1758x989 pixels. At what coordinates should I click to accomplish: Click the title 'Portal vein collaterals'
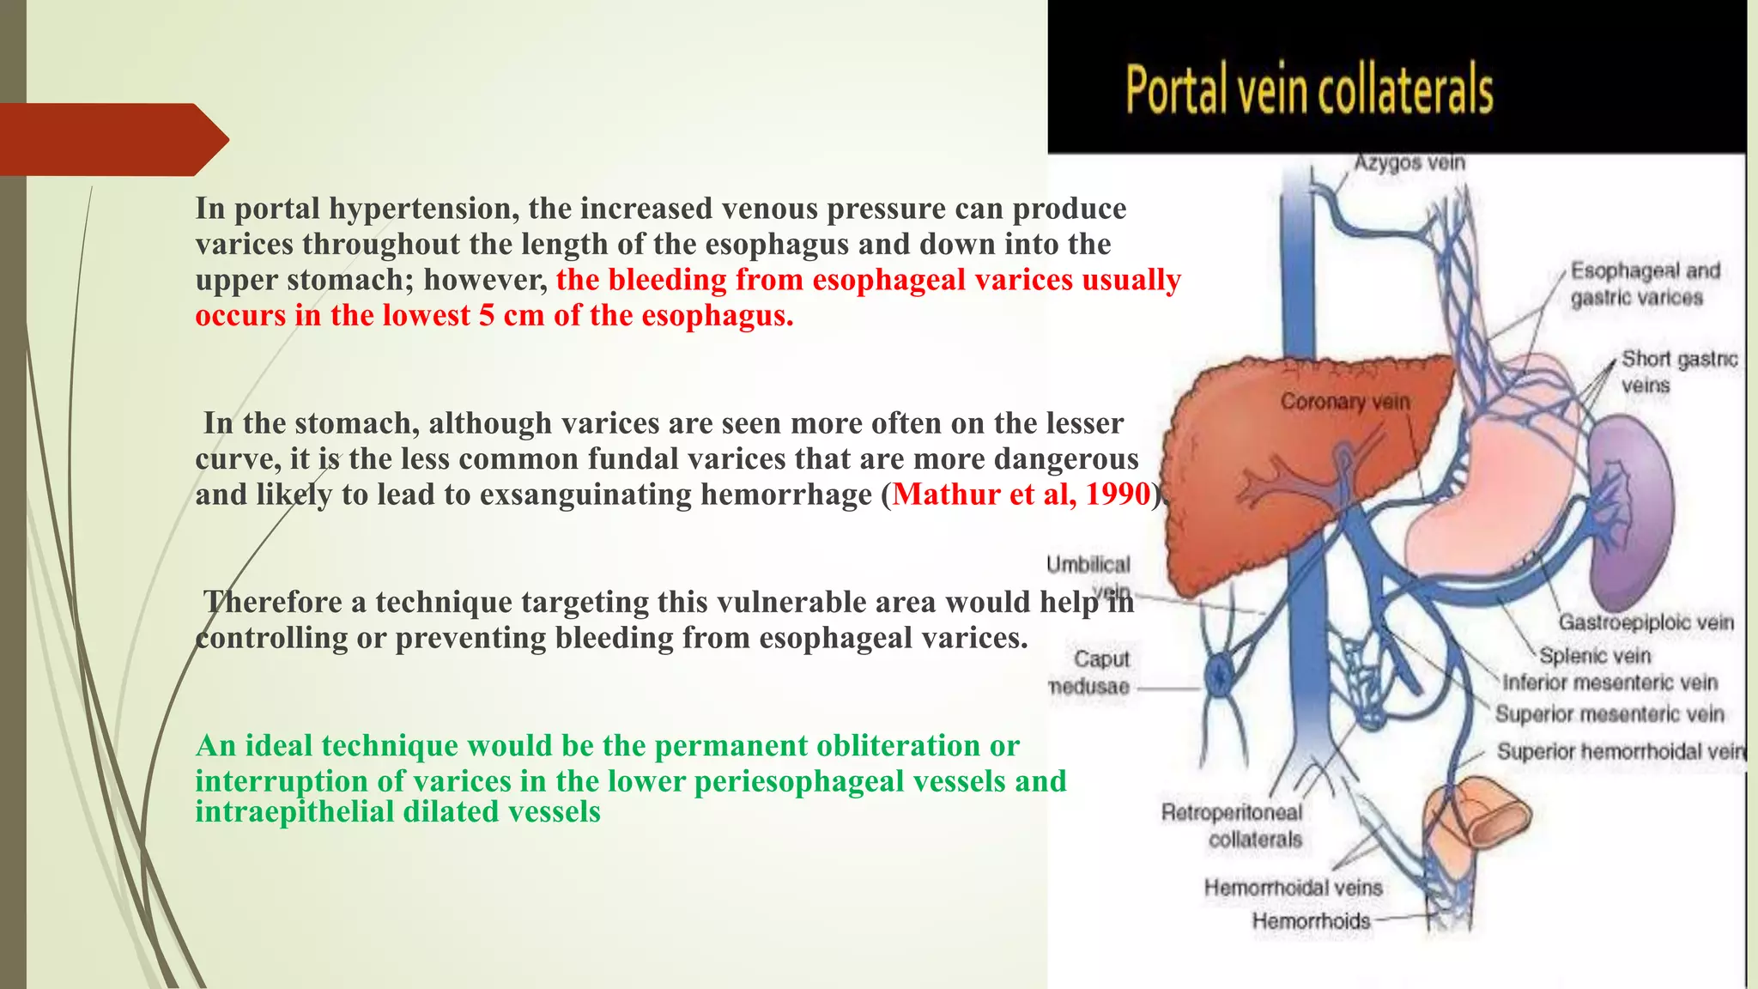[1309, 89]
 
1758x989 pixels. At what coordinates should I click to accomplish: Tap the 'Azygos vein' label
[1409, 162]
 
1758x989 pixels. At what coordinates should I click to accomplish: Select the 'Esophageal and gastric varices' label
[1644, 284]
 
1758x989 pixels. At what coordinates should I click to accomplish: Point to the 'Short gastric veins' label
[1678, 372]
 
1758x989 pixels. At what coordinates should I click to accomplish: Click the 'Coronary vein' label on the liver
[1344, 402]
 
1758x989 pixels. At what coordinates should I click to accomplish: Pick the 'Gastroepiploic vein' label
[1646, 622]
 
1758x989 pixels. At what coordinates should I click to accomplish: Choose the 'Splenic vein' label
[1595, 656]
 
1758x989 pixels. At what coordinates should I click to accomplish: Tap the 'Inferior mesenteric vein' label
[1609, 683]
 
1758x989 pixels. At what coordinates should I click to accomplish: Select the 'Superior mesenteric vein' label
[1609, 714]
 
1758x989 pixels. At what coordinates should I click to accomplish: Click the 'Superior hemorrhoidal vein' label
[1621, 752]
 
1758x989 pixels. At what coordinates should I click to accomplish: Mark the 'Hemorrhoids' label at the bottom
[1311, 921]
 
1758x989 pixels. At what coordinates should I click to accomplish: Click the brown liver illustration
[1245, 481]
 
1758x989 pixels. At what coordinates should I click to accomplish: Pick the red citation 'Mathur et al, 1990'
[1021, 494]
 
